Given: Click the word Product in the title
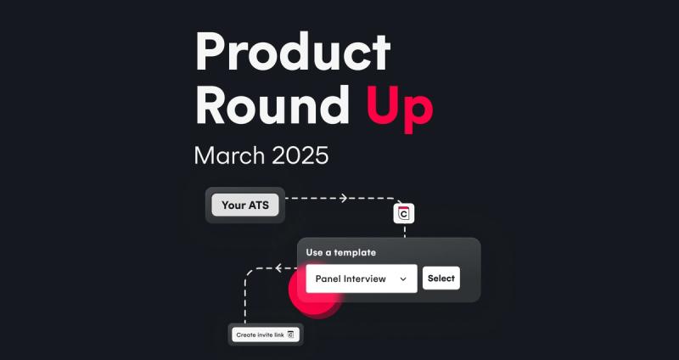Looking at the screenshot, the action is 293,52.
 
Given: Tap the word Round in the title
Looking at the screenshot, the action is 272,104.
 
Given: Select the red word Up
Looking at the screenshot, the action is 400,110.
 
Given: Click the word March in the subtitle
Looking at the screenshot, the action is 229,155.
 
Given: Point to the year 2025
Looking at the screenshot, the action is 300,155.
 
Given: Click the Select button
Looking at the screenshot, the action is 441,278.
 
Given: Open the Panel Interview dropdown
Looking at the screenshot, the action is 362,278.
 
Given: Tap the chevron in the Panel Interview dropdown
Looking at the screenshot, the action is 403,279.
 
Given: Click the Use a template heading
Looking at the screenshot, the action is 341,252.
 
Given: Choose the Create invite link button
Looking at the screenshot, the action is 266,335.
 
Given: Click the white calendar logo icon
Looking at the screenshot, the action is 404,213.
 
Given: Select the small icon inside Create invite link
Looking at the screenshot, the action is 290,335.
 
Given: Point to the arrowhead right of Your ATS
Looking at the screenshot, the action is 344,198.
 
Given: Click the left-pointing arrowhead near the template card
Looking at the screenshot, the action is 279,268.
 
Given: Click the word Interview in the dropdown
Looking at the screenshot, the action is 364,278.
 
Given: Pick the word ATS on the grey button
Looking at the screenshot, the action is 258,205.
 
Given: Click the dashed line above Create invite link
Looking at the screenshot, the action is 245,299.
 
